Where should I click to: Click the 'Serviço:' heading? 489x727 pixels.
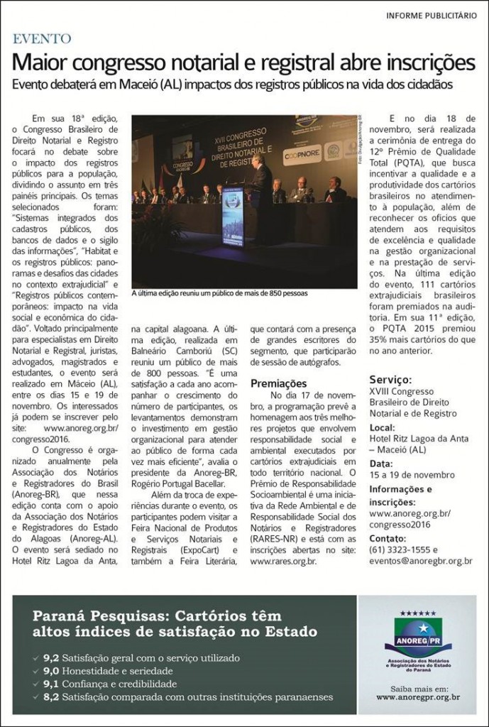pyautogui.click(x=391, y=380)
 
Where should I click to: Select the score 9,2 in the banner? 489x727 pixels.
pyautogui.click(x=53, y=657)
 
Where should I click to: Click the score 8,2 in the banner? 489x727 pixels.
pyautogui.click(x=53, y=697)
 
